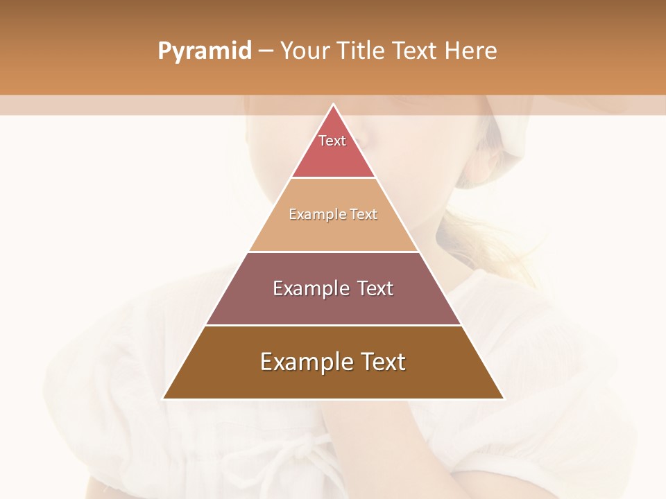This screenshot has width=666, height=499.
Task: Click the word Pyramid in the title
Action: [204, 51]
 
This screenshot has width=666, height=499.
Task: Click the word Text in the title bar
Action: [415, 51]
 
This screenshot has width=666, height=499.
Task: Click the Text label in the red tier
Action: [332, 141]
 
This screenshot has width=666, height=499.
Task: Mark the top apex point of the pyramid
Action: [334, 105]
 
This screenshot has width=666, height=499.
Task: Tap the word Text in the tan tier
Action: [364, 214]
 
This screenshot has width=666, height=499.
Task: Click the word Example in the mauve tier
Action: [309, 288]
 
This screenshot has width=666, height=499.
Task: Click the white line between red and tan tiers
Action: [334, 178]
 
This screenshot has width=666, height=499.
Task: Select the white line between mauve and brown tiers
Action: [334, 325]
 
